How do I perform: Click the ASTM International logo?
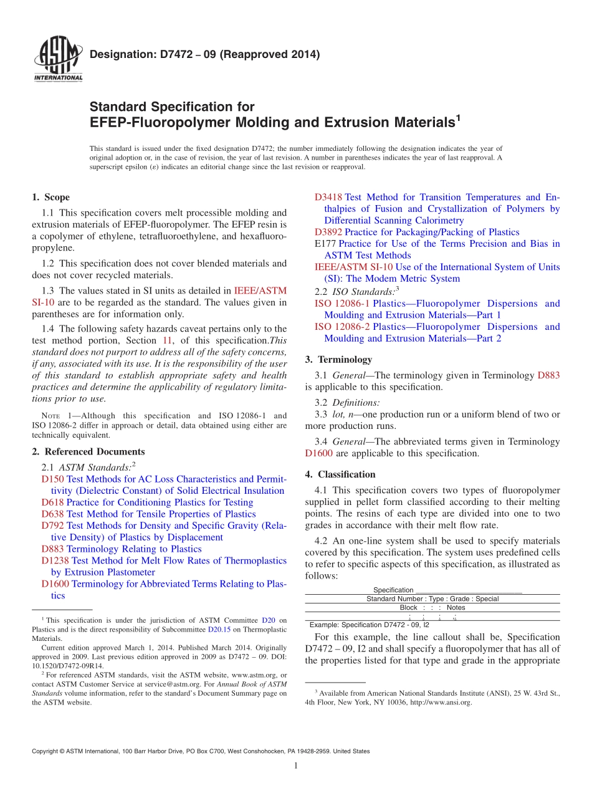[x=57, y=59]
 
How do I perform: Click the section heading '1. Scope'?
[x=50, y=197]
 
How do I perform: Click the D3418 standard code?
[x=328, y=197]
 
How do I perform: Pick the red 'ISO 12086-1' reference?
[x=342, y=304]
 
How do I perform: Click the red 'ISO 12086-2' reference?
[x=342, y=327]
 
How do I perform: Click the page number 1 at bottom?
[x=296, y=766]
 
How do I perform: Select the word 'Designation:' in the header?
[x=116, y=55]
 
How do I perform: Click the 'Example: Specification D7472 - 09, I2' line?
[x=370, y=625]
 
